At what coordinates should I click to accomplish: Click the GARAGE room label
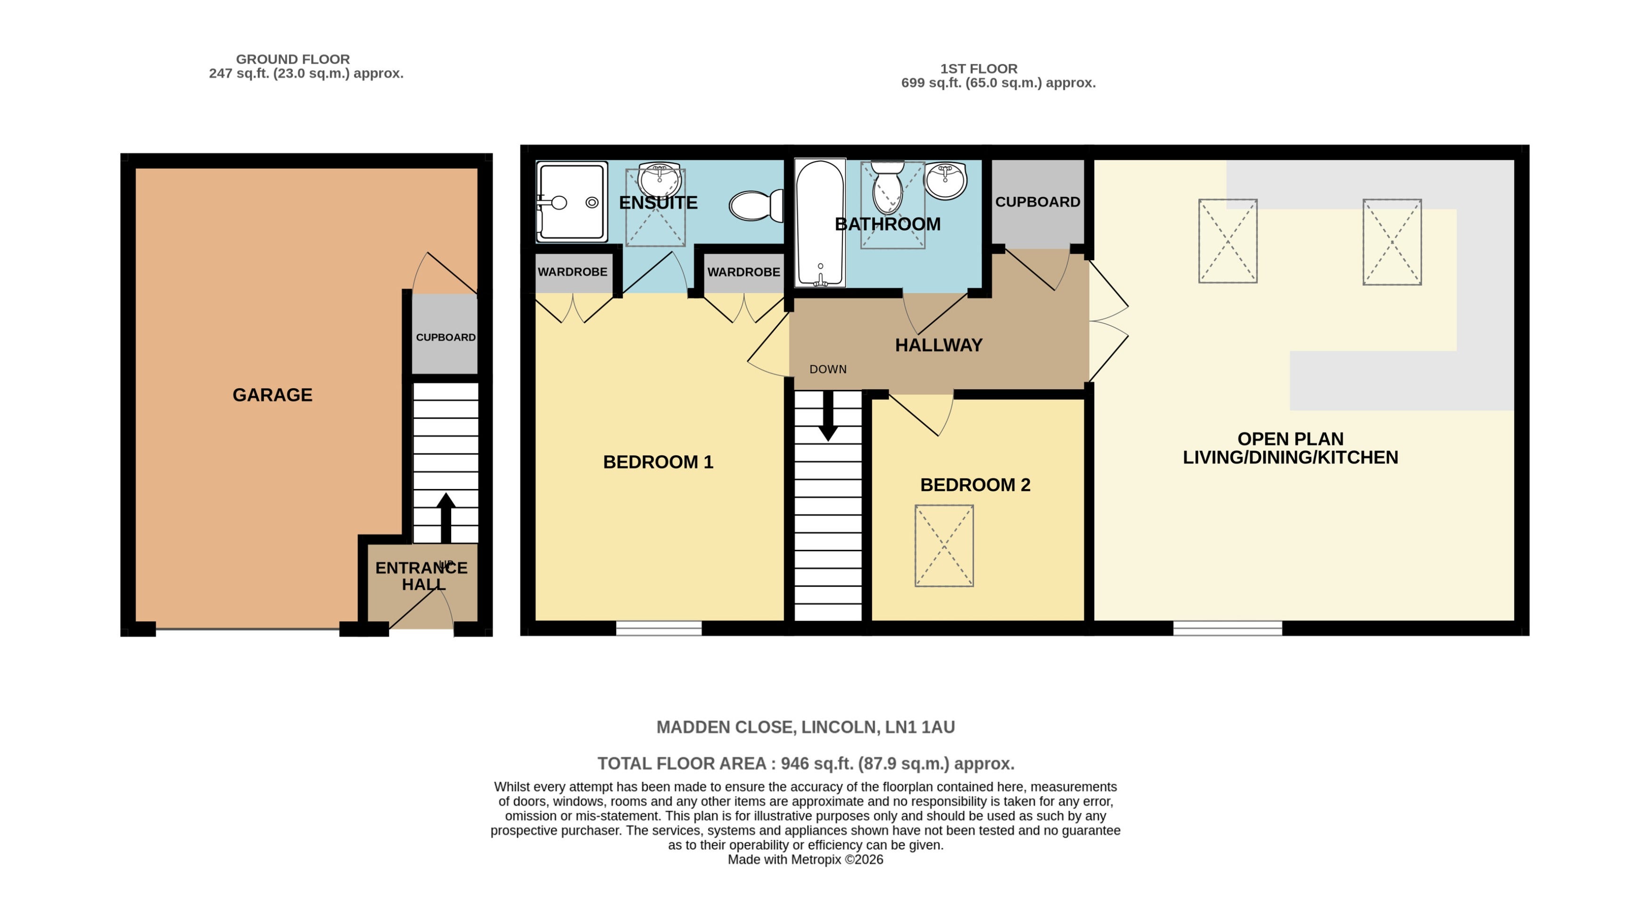click(x=272, y=395)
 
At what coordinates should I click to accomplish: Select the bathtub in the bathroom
click(x=820, y=222)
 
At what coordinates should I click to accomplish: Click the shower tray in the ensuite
click(x=571, y=202)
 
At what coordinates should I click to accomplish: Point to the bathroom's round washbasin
click(x=945, y=181)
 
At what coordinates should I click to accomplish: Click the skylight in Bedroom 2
click(x=944, y=545)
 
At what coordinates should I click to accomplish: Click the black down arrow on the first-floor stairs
click(x=828, y=415)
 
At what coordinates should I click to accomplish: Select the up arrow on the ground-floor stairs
click(x=446, y=518)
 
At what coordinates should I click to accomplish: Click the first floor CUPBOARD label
click(x=1038, y=202)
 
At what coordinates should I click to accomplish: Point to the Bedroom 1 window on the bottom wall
click(x=659, y=628)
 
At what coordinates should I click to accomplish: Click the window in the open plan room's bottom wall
click(x=1227, y=628)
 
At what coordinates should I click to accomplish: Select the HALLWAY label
click(x=938, y=345)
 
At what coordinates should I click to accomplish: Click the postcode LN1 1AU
click(x=920, y=727)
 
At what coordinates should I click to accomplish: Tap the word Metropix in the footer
click(x=816, y=860)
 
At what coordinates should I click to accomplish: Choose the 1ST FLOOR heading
click(x=979, y=68)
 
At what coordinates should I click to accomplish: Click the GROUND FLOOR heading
click(x=293, y=59)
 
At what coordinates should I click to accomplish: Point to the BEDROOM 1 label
click(x=658, y=462)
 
